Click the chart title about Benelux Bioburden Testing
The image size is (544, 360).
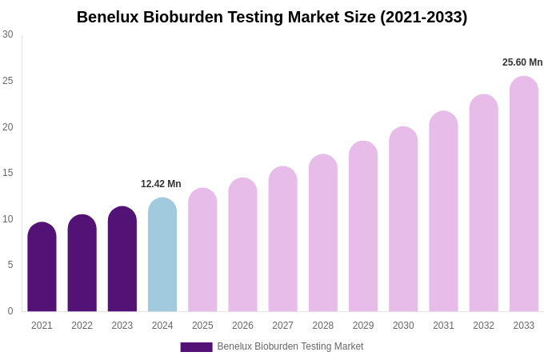[x=272, y=17]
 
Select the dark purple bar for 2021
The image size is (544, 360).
[x=42, y=267]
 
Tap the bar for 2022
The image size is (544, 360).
[x=82, y=263]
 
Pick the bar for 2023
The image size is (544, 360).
[x=122, y=259]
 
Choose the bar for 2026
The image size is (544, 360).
[x=242, y=245]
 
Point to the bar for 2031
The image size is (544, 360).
[x=443, y=211]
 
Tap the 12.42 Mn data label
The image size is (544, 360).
[x=161, y=184]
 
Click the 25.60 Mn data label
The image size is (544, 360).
[x=522, y=62]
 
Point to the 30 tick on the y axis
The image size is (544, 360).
[x=8, y=34]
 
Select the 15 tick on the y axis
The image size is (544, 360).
[x=8, y=173]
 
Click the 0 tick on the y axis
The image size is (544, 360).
[x=10, y=311]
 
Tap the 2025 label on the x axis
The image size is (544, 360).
[x=202, y=326]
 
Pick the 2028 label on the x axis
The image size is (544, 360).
[x=323, y=326]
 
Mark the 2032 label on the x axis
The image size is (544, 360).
[x=483, y=326]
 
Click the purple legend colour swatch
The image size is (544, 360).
[x=196, y=347]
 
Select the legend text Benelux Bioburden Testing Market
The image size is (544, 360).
[x=290, y=346]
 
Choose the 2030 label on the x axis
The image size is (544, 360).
[x=403, y=326]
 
